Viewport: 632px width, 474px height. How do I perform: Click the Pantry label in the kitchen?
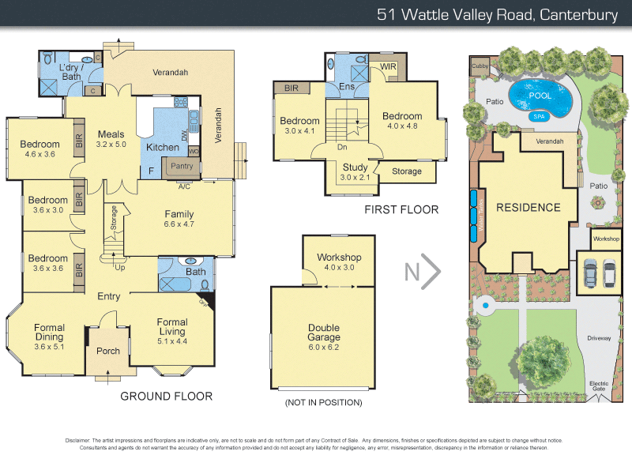[x=182, y=166]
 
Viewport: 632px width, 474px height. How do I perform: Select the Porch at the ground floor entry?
[x=108, y=351]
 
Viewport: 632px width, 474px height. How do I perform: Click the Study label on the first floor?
[x=355, y=167]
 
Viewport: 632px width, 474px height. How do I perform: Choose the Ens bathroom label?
[x=346, y=86]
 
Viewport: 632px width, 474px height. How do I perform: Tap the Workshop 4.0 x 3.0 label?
[x=339, y=258]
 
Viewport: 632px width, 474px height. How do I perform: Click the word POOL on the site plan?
[x=540, y=95]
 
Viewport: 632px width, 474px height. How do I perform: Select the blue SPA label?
[x=540, y=116]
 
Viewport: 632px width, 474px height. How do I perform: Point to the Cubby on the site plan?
[x=480, y=66]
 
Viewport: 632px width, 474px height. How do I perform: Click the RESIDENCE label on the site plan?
[x=528, y=208]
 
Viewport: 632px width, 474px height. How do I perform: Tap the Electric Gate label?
[x=599, y=386]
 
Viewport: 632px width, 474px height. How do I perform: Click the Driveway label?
[x=598, y=338]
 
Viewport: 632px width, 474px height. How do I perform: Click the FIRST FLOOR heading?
[x=401, y=209]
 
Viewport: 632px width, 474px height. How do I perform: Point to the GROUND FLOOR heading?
[x=166, y=396]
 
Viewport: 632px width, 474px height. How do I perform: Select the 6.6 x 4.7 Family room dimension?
[x=179, y=224]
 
